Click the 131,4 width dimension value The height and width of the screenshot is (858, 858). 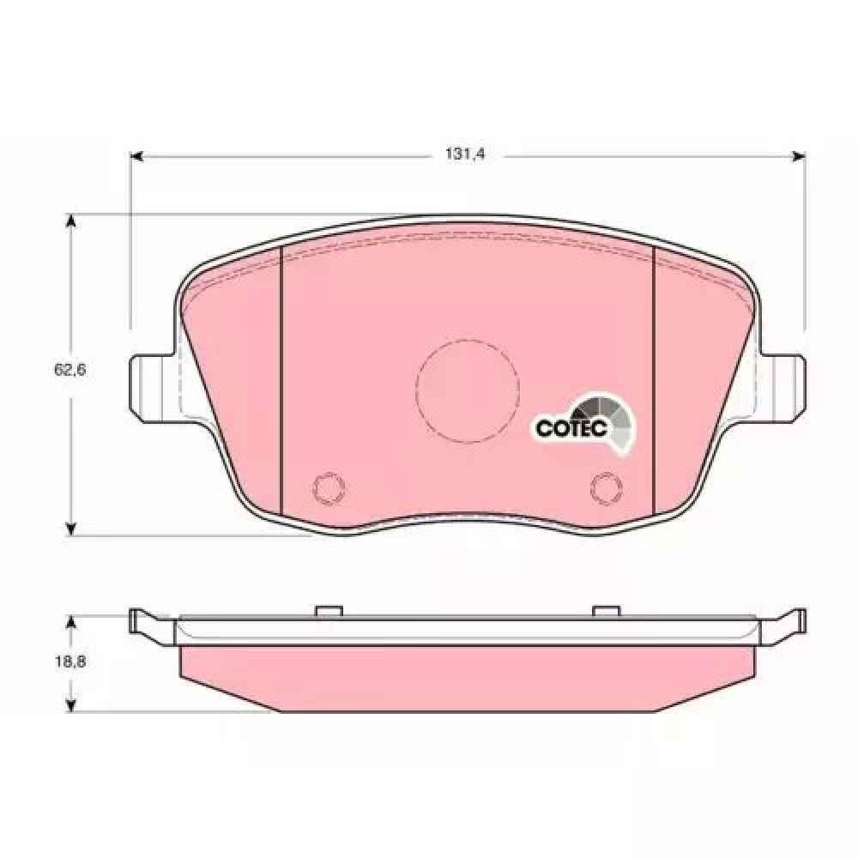pyautogui.click(x=464, y=154)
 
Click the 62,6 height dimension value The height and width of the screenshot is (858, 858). pyautogui.click(x=69, y=369)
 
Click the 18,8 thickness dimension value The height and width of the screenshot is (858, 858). pyautogui.click(x=69, y=662)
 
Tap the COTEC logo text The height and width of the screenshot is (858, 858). pyautogui.click(x=571, y=428)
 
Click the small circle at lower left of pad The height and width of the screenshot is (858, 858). pyautogui.click(x=329, y=487)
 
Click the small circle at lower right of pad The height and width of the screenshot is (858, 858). pyautogui.click(x=607, y=487)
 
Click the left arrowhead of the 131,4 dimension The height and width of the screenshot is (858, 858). pyautogui.click(x=136, y=157)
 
